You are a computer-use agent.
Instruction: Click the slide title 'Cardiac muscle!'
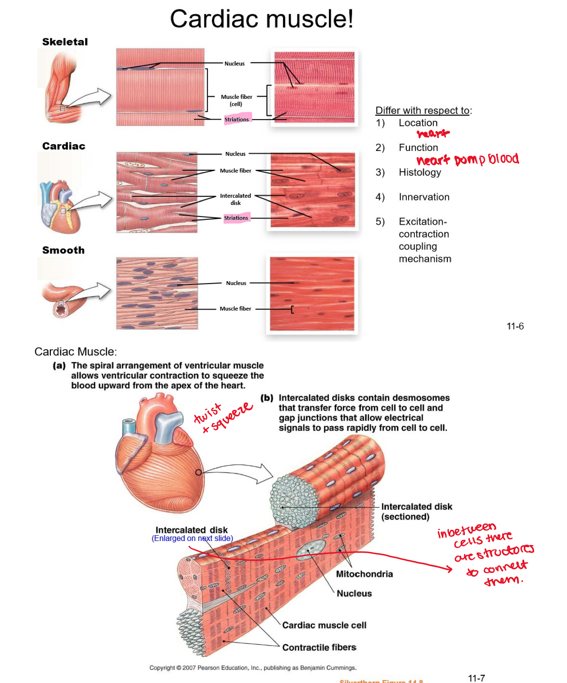261,19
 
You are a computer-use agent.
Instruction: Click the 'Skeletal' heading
65,42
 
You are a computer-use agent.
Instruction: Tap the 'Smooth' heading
63,250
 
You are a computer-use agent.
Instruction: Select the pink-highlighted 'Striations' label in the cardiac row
236,218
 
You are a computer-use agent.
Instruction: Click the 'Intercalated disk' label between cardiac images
235,199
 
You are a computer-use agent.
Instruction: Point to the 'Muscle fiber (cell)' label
236,100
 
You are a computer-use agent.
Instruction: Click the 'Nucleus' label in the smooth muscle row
236,283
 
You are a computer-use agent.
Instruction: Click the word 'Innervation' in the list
424,197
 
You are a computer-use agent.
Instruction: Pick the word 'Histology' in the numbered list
420,172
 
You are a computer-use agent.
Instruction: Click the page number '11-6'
515,326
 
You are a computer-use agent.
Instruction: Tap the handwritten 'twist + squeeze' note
223,417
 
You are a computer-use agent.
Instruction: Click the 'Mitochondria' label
364,574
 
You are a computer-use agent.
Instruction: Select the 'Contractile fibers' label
319,647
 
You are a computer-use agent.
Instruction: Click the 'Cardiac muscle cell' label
324,625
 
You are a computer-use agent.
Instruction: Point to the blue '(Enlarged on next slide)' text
192,538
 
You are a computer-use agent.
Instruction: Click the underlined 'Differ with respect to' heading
423,111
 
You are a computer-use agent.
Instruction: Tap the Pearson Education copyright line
253,668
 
